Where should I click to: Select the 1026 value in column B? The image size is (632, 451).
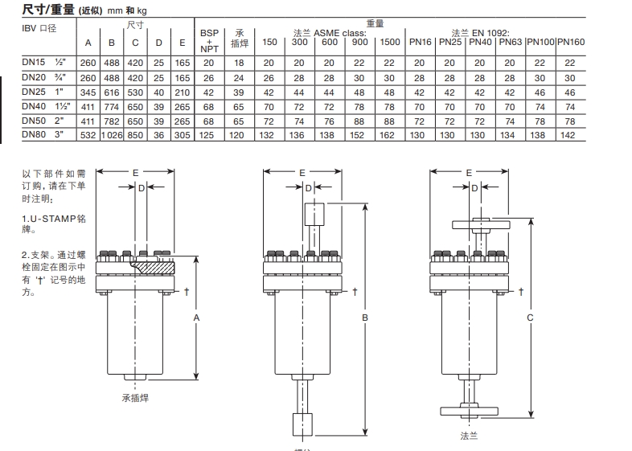click(112, 135)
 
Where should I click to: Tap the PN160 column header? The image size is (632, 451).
click(571, 42)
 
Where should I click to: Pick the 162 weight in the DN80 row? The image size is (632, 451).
click(390, 135)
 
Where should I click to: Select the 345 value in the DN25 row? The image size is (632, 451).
click(88, 92)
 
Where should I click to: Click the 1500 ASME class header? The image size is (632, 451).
click(390, 42)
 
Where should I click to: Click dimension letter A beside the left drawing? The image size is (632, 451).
click(196, 318)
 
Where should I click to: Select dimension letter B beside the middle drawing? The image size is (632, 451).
click(365, 318)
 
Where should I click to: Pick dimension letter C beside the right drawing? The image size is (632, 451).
click(529, 318)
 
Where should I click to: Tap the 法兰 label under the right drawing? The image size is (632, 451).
click(470, 436)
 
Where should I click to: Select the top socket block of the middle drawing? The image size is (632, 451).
click(314, 215)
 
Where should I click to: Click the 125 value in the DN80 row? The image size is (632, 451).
click(209, 135)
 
